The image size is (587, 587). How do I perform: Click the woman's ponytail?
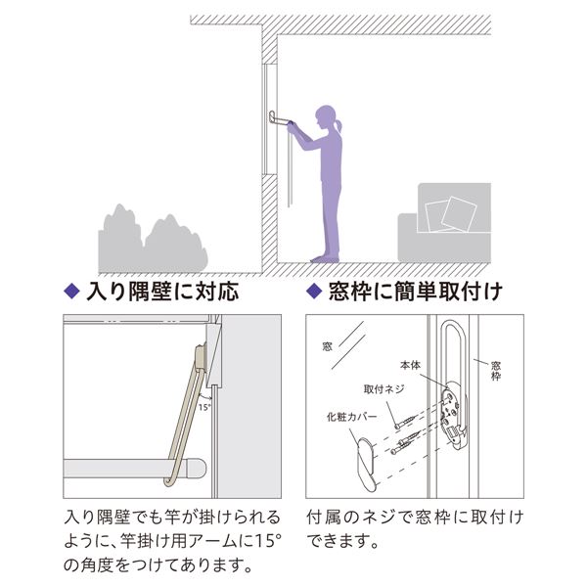point(339,124)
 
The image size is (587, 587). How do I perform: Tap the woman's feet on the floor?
point(325,258)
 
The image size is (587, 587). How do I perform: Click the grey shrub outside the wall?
point(153,239)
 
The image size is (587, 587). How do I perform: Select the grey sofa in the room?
point(444,223)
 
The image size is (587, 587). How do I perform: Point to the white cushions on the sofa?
point(451,215)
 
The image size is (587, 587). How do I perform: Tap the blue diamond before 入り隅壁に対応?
point(71,292)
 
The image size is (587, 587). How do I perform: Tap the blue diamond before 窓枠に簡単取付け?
point(314,292)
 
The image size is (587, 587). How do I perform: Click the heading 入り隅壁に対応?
point(162,292)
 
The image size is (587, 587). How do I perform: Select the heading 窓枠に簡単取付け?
point(415,292)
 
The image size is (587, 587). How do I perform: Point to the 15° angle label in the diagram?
point(204,407)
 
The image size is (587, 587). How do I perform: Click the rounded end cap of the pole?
point(197,468)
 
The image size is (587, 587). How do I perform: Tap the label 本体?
point(410,365)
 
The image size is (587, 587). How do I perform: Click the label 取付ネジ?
point(384,389)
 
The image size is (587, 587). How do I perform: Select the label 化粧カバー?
point(351,417)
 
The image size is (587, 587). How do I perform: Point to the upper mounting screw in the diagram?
point(406,422)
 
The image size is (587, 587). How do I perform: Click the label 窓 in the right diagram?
point(327,346)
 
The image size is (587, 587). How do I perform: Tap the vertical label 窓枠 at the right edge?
point(496,371)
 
